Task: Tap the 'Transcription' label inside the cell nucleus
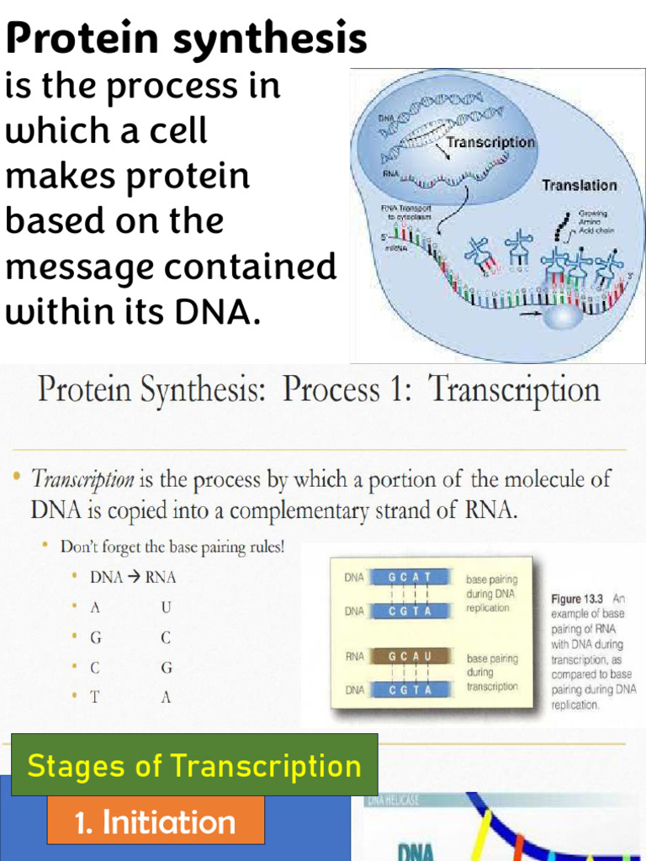(490, 142)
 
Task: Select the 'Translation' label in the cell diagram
(579, 185)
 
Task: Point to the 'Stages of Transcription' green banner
(194, 765)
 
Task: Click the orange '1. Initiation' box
(156, 821)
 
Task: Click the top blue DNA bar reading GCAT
(410, 578)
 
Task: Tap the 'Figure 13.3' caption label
(578, 600)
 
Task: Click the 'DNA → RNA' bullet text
(133, 578)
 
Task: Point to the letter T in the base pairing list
(95, 697)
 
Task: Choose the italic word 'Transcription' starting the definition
(82, 480)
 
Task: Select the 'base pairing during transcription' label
(492, 673)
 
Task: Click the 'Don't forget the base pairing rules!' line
(172, 547)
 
